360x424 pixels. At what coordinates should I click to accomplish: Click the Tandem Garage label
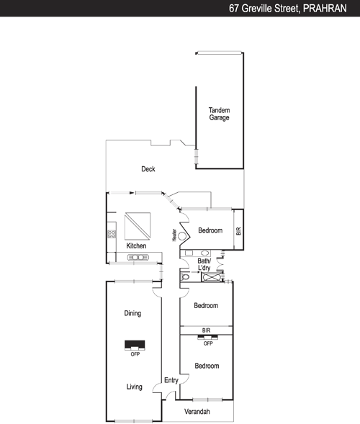(219, 114)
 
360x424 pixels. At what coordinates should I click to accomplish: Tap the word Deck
(148, 169)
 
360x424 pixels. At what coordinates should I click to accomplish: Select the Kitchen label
(136, 245)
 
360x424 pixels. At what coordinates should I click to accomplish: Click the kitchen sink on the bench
(138, 257)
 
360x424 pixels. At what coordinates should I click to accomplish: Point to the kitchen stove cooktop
(112, 234)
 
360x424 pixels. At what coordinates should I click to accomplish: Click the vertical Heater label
(174, 235)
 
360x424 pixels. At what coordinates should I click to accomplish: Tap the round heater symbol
(182, 236)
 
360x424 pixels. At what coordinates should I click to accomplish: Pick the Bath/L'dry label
(204, 264)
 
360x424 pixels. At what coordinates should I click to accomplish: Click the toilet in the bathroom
(185, 277)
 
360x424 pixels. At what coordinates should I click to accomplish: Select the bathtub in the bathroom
(212, 277)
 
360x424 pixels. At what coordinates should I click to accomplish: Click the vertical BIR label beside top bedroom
(238, 231)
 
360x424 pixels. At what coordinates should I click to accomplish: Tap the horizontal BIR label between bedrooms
(206, 330)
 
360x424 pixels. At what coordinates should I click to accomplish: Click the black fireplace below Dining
(135, 346)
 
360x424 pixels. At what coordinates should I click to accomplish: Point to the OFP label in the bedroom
(208, 343)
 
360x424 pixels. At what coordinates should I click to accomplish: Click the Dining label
(132, 313)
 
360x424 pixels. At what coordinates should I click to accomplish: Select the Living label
(135, 387)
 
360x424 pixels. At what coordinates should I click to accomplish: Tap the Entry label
(171, 381)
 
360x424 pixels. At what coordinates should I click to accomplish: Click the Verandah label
(197, 412)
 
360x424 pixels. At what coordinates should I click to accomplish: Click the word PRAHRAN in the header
(325, 9)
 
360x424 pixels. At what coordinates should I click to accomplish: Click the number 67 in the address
(234, 9)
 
